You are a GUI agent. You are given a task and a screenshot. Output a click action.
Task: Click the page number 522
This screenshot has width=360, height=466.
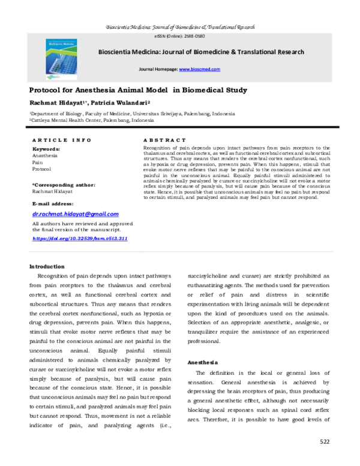point(324,441)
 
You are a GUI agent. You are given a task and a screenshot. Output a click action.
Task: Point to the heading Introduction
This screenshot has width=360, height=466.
point(47,266)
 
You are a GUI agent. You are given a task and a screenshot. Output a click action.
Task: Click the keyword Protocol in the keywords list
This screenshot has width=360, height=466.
point(42,169)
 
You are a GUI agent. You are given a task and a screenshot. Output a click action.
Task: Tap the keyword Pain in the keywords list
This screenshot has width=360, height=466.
point(37,162)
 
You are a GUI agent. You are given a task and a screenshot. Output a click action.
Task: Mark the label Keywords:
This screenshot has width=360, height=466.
point(46,148)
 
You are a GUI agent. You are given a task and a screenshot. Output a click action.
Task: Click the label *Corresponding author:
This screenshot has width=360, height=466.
point(63,185)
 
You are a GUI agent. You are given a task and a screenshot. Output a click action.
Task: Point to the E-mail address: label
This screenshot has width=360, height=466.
point(54,204)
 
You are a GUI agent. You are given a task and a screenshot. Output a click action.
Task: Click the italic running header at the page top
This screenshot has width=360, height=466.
point(180,28)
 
